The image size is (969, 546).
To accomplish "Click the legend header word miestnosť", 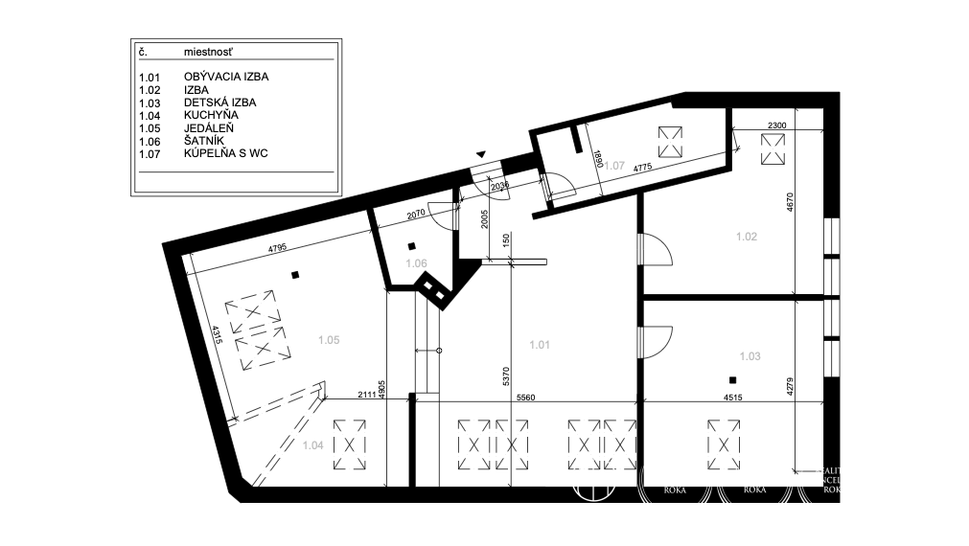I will pos(210,54).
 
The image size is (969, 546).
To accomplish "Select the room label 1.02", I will pos(747,236).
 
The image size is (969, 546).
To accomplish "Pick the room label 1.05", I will pos(329,338).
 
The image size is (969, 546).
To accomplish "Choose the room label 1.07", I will pos(612,166).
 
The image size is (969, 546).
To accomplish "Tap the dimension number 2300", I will pos(777,125).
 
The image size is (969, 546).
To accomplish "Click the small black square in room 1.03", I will pos(732,379).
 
